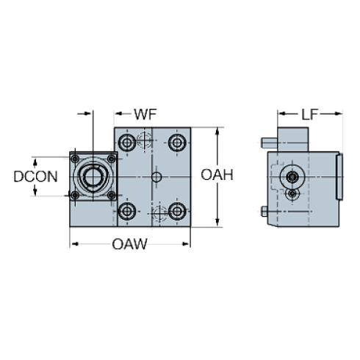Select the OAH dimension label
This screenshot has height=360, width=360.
(217, 176)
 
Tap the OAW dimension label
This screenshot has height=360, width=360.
(129, 245)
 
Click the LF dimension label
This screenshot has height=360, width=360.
(309, 114)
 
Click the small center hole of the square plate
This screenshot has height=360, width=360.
(156, 177)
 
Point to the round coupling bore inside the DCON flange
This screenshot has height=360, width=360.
(92, 176)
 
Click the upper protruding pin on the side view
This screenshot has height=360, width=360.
(269, 143)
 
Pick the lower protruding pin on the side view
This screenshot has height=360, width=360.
(264, 212)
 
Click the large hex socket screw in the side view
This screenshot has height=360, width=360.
(293, 178)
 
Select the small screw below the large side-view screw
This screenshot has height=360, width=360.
(293, 194)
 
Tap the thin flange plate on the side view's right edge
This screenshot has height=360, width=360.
(339, 176)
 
